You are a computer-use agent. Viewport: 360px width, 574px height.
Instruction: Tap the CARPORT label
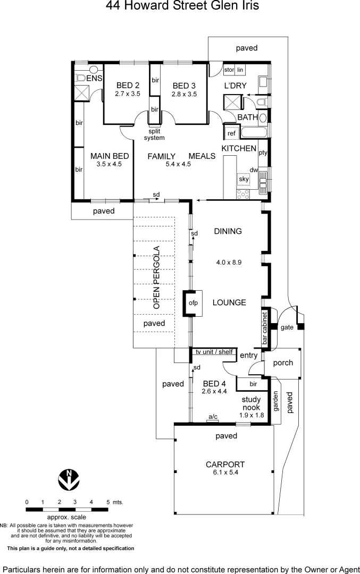pos(225,464)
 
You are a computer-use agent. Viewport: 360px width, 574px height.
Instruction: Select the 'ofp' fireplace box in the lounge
pos(192,303)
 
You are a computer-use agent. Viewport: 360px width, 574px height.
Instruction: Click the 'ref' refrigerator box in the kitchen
pos(232,133)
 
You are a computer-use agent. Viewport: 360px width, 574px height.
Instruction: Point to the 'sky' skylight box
pos(244,180)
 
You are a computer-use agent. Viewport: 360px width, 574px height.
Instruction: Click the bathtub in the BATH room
pos(254,132)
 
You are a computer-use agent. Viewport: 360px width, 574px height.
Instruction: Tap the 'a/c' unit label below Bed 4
pos(213,417)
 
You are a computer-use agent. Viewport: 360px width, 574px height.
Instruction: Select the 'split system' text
pos(154,134)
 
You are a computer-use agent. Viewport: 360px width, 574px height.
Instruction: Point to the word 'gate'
pos(287,327)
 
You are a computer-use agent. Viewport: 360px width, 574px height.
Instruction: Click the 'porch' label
pos(283,363)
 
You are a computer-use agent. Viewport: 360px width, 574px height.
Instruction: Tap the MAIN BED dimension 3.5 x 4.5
pos(110,164)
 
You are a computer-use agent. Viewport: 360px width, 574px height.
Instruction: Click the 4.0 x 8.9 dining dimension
pos(229,262)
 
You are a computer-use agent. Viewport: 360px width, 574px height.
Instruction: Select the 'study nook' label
pos(250,403)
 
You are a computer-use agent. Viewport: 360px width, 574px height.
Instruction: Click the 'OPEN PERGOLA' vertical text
pos(156,277)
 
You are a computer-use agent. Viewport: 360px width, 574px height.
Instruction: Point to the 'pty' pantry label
pos(262,153)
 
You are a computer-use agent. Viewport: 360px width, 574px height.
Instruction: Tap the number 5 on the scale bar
pos(108,502)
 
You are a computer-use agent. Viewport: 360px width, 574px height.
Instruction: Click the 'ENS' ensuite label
pos(94,79)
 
